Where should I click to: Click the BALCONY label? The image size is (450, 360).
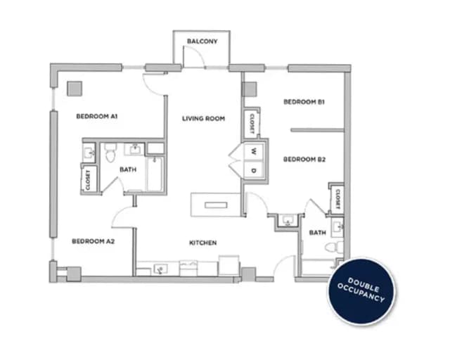202,41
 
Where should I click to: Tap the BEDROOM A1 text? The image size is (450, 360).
96,116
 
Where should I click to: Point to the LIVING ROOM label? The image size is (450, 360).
203,119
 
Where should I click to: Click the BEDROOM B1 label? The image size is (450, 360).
304,102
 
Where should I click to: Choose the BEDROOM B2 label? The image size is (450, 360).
304,160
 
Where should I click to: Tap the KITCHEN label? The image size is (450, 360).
202,243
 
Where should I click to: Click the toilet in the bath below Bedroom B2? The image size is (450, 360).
337,247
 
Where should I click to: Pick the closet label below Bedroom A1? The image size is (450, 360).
88,179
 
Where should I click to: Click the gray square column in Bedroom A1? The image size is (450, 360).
74,89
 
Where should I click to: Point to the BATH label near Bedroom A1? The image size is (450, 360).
127,169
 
